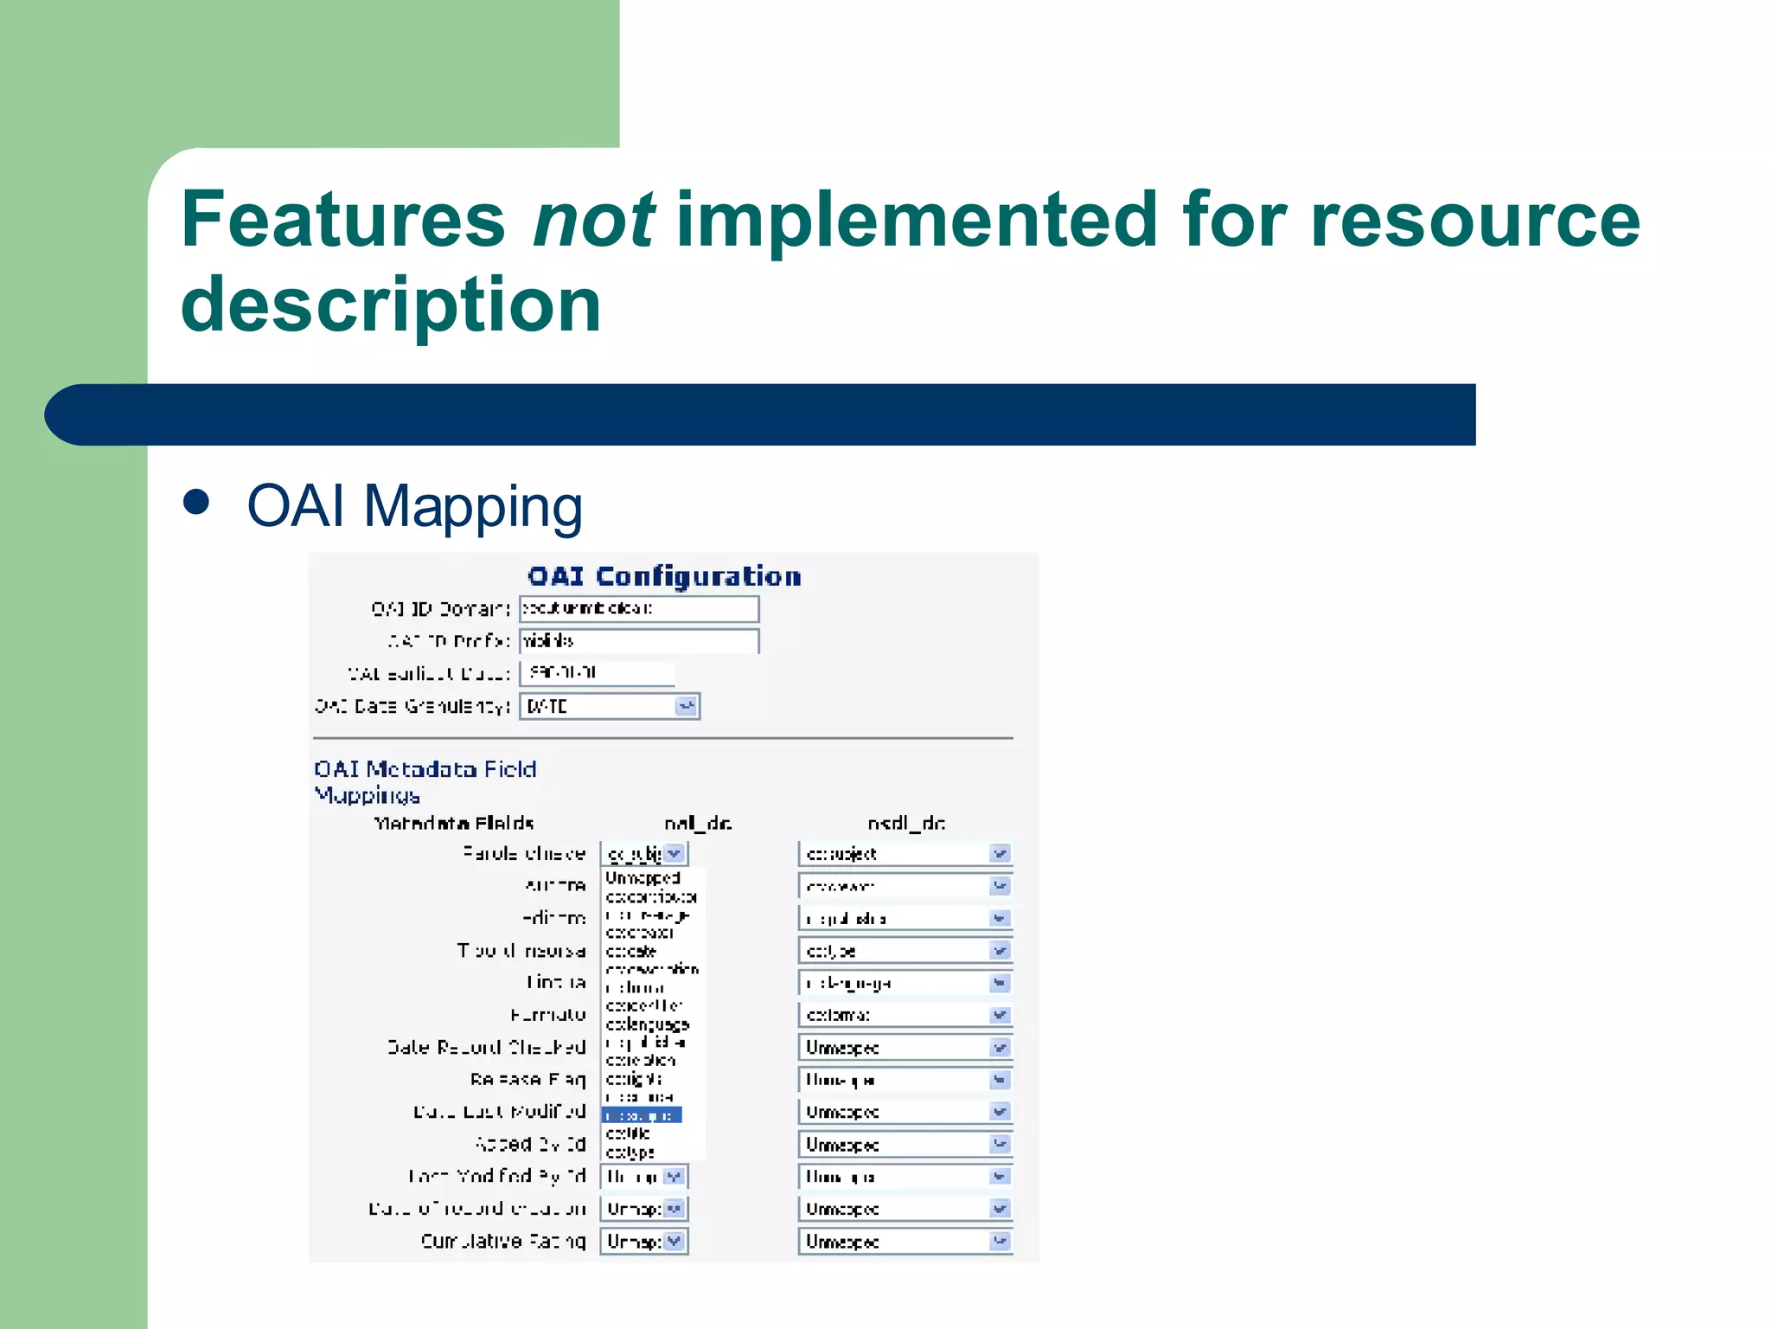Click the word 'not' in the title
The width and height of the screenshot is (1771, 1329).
[593, 220]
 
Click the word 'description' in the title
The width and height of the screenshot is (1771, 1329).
[391, 305]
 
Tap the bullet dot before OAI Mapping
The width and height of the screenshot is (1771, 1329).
[197, 503]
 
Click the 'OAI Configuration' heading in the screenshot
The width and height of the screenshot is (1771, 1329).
[664, 576]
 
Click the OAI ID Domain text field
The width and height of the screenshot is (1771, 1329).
[638, 609]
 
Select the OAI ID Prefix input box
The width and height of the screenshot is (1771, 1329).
[638, 641]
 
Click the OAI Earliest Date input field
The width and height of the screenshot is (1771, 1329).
[597, 673]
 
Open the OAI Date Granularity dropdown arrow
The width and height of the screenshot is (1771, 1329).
[686, 706]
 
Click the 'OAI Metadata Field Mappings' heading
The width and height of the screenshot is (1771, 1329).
[425, 780]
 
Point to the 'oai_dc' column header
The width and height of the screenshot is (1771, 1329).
[698, 823]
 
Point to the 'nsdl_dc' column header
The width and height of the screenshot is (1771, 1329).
[905, 823]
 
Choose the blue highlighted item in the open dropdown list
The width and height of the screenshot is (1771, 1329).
[642, 1115]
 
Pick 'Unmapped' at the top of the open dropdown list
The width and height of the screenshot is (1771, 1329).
[643, 878]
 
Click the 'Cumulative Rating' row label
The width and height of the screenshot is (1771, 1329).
[502, 1241]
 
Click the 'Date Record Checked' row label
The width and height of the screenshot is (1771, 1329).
[486, 1047]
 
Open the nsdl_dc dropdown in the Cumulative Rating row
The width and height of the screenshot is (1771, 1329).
[999, 1241]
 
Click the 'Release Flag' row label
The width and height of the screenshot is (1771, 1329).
[527, 1079]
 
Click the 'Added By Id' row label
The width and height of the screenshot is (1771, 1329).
[530, 1144]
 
